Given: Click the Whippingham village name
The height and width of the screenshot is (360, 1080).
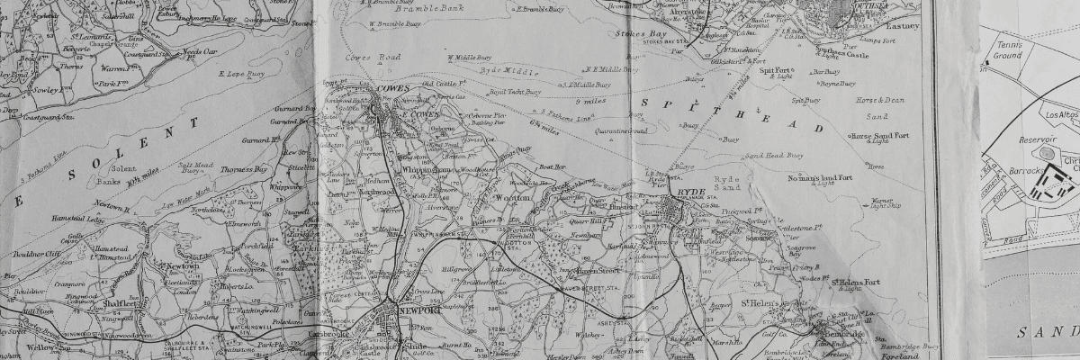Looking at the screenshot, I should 424,169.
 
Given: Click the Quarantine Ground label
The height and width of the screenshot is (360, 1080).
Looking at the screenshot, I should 621,130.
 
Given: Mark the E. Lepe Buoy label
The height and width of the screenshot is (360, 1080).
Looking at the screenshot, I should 243,72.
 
